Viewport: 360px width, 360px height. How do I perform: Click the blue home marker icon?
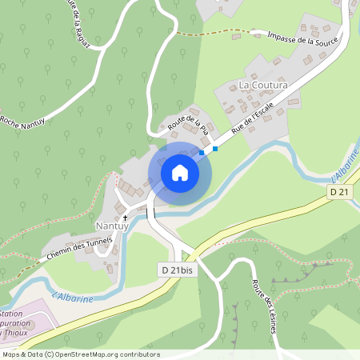(x=180, y=172)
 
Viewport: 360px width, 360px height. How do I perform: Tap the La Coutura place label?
(x=263, y=84)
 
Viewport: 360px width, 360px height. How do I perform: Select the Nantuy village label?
(x=112, y=226)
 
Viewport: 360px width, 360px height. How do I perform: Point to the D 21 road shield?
(x=340, y=193)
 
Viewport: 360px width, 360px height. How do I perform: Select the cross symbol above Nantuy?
(x=125, y=217)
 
